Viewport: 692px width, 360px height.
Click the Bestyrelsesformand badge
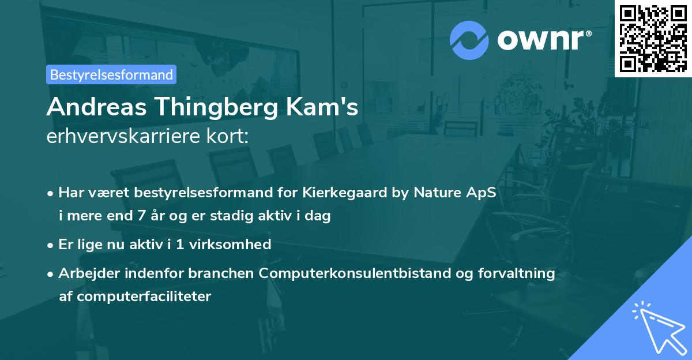coord(111,74)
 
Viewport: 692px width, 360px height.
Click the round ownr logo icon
coord(469,40)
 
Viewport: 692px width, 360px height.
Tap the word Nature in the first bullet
coord(438,193)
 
